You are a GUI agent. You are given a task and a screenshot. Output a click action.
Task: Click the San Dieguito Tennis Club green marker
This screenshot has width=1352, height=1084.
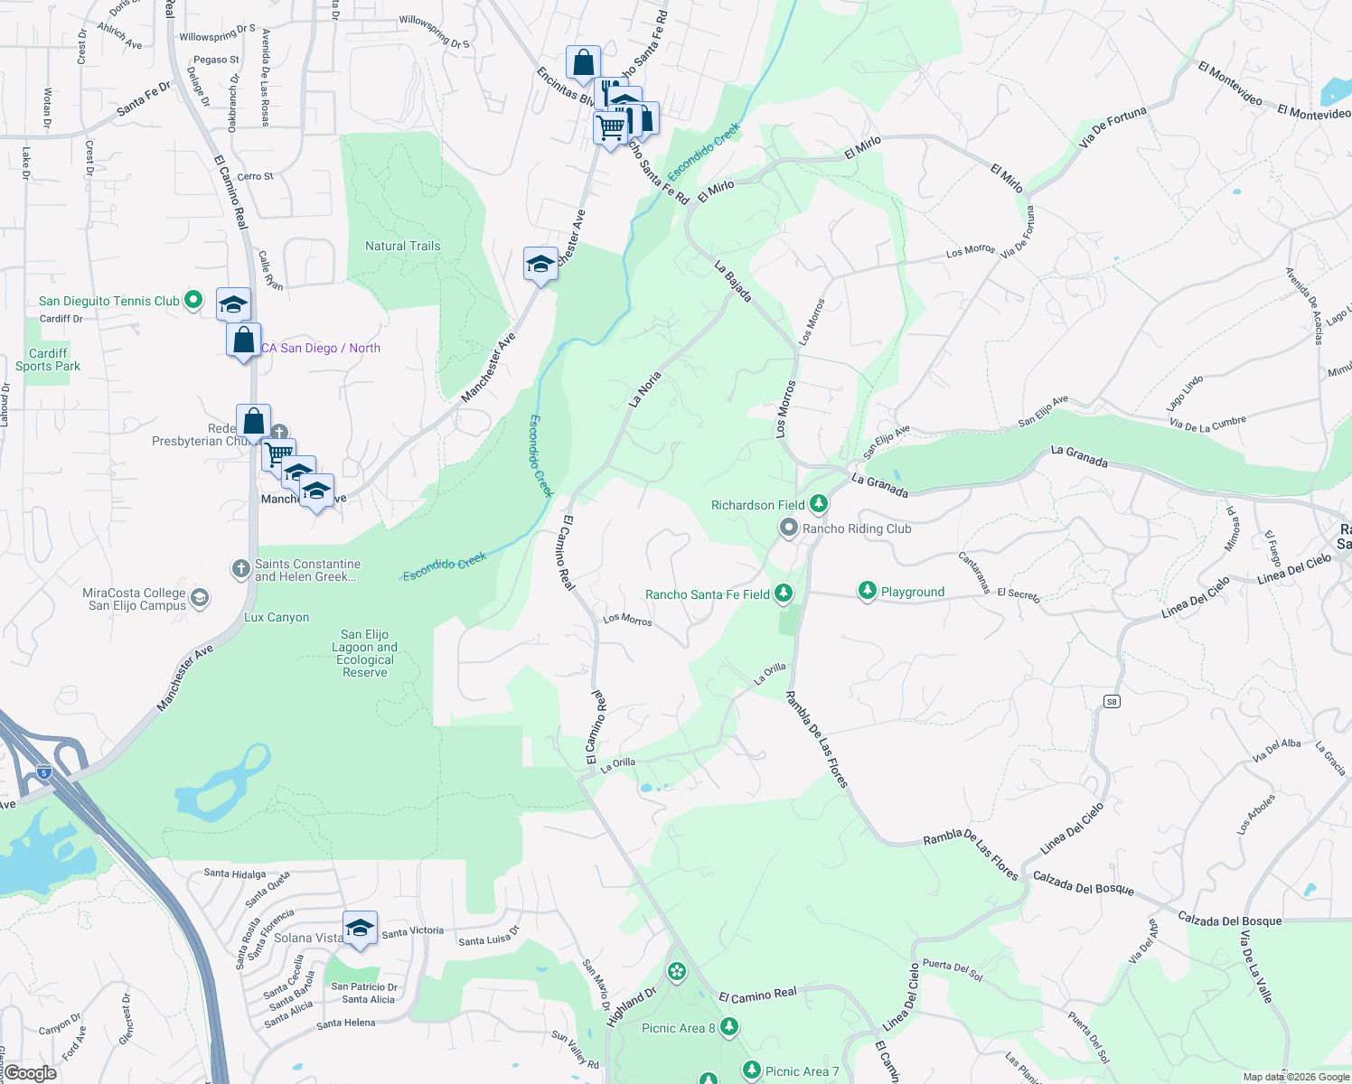coord(192,300)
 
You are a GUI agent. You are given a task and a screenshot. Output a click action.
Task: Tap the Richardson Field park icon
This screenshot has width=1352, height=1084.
coord(818,504)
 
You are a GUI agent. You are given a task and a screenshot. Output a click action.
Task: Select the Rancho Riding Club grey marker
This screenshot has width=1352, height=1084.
coord(789,528)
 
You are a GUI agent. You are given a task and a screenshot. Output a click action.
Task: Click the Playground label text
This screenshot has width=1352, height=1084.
coord(913,593)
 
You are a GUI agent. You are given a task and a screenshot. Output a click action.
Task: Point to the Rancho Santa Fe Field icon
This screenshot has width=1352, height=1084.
coord(784,593)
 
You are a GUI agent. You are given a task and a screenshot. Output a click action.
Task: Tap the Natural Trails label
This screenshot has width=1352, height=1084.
coord(403,246)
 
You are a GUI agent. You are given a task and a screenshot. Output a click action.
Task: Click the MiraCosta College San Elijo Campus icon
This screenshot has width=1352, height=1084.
coord(200,598)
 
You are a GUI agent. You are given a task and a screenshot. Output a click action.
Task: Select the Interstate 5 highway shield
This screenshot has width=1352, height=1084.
coord(44,771)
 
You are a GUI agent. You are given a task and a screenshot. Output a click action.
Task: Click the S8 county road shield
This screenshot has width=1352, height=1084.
coord(1112,701)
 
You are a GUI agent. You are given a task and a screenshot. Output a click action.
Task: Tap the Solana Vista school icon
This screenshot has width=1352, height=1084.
coord(360,928)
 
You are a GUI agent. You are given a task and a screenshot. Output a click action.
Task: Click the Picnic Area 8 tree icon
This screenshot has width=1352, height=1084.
coord(729,1027)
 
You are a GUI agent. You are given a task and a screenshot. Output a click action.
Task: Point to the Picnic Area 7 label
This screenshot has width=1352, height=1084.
coord(803,1071)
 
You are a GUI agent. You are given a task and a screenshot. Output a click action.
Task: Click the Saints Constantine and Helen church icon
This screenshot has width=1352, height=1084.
coord(240,568)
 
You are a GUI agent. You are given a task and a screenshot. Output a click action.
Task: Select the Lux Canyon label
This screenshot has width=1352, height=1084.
coord(277,618)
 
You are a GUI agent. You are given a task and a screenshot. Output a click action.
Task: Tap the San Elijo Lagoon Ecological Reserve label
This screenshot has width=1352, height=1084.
coord(364,653)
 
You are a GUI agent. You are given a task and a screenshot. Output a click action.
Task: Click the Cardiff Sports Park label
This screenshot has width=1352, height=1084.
coord(48,360)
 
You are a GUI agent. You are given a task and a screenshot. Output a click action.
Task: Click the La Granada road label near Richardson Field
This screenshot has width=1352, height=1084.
coord(879,486)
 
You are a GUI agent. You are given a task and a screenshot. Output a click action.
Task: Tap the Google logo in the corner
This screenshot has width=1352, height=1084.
coord(30,1073)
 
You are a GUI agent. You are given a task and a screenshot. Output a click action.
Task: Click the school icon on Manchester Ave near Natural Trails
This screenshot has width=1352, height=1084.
coord(540,264)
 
